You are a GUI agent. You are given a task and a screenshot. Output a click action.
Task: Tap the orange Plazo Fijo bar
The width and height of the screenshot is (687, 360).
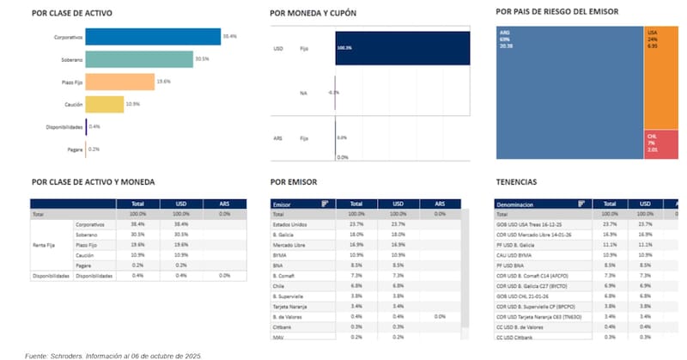point(119,82)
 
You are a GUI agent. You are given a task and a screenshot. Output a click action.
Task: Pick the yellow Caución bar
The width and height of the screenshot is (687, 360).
point(105,104)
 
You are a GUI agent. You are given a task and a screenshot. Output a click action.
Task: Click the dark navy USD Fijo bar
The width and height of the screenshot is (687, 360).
point(402,59)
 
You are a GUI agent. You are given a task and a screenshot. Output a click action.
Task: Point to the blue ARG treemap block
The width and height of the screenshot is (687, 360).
point(569,93)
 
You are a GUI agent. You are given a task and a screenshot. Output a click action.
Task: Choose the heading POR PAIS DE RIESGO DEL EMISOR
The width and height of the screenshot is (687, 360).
point(557,11)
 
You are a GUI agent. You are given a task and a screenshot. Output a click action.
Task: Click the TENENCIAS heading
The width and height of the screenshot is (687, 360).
point(516,182)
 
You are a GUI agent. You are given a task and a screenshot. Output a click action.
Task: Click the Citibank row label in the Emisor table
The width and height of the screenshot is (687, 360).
point(283,326)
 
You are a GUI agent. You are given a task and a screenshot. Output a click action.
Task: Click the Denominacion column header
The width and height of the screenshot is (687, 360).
point(520,204)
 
